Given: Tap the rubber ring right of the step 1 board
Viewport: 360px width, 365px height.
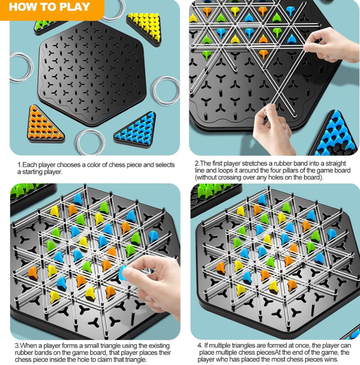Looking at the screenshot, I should click(167, 90).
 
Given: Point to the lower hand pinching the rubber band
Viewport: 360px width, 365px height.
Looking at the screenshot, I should click(273, 130).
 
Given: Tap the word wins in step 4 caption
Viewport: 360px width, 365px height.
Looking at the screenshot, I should click(329, 359).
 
